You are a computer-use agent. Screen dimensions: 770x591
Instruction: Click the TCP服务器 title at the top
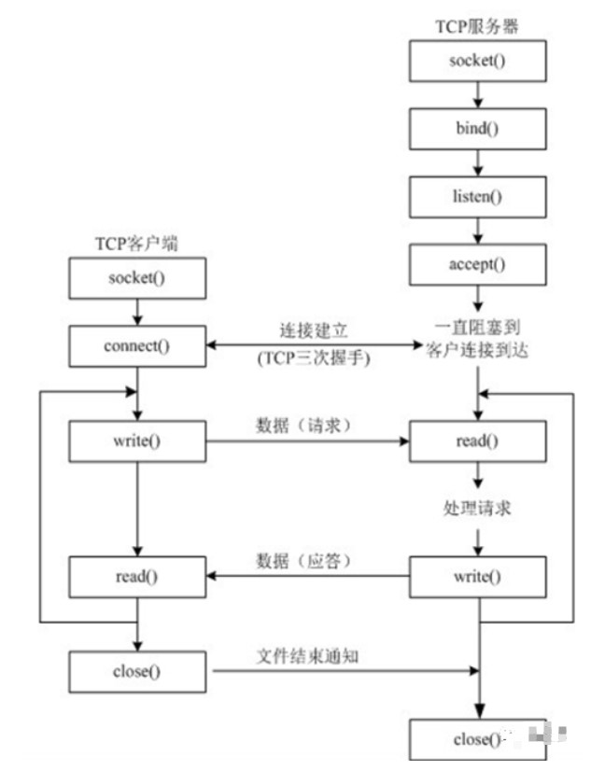(x=478, y=26)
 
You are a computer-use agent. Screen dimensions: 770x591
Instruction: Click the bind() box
(x=477, y=129)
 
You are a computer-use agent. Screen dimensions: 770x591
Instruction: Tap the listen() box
(x=477, y=196)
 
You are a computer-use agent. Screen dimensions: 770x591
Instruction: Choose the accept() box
(x=477, y=263)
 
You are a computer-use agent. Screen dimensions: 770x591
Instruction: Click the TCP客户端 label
(x=136, y=244)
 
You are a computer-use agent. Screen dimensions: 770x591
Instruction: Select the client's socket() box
(x=136, y=279)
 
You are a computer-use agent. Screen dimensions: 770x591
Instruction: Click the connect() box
(x=136, y=347)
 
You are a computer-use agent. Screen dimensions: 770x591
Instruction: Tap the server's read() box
(x=477, y=441)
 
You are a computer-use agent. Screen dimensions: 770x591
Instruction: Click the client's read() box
(x=136, y=576)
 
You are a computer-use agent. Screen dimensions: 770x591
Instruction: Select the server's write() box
(x=477, y=576)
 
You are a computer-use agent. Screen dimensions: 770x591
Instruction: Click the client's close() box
(x=136, y=670)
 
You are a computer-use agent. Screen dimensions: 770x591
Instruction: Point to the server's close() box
(x=477, y=739)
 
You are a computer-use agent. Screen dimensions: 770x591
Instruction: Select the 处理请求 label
(x=477, y=509)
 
